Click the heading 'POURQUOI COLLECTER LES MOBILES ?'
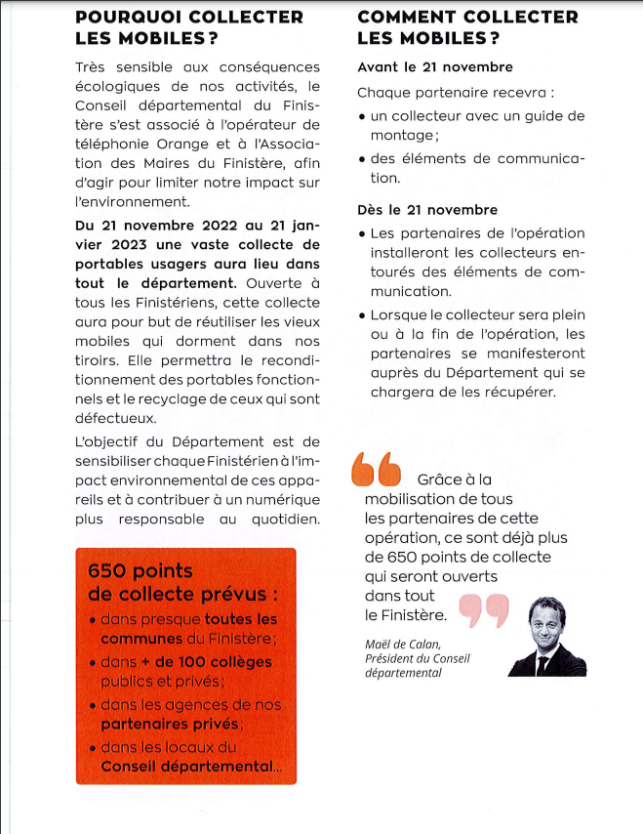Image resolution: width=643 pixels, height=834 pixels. [188, 27]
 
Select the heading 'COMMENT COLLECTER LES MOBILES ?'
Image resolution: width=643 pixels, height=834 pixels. [467, 27]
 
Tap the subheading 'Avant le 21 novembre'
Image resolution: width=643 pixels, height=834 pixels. [435, 67]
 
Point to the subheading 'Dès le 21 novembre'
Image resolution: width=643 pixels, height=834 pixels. [427, 210]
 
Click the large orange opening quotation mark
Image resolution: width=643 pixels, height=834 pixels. [376, 470]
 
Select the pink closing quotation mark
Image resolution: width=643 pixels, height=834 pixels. [483, 608]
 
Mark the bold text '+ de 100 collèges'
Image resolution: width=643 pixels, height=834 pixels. [206, 661]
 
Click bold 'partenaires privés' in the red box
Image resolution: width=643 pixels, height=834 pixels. [169, 724]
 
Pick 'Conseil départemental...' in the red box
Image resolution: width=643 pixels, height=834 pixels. [191, 767]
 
